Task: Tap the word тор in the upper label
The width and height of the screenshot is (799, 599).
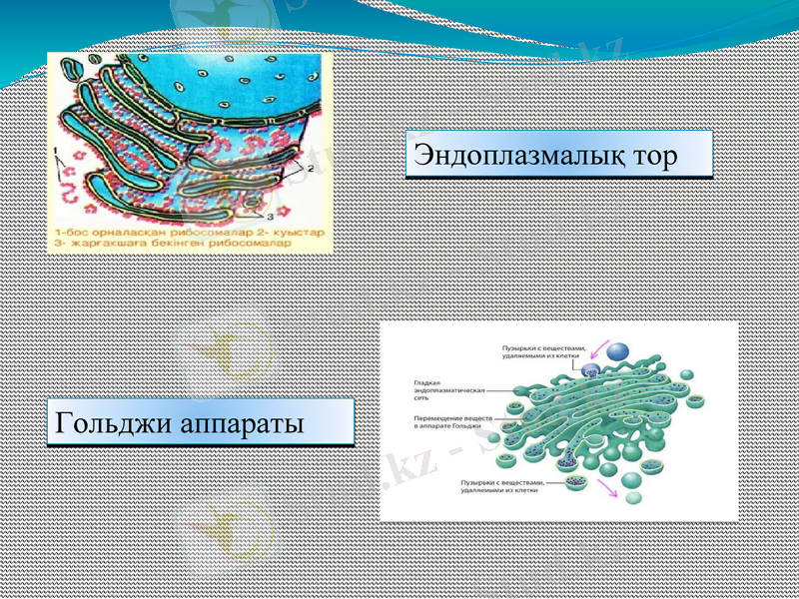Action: click(x=649, y=156)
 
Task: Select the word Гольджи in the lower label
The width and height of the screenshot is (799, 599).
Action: click(x=112, y=422)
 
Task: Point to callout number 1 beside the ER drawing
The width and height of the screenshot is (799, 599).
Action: click(x=59, y=153)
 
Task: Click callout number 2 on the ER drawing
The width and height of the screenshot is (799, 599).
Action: click(x=312, y=170)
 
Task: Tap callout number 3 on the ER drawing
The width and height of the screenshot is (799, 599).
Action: click(x=273, y=215)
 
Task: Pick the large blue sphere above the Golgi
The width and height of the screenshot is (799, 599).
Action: click(x=619, y=351)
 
